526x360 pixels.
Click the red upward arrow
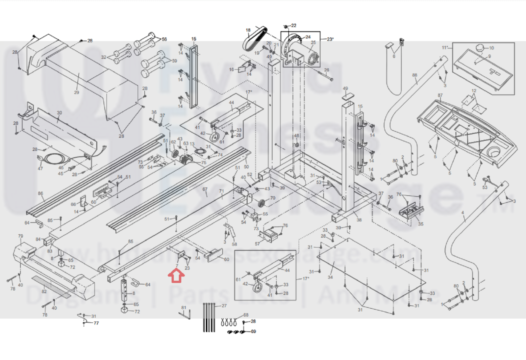tap(176, 276)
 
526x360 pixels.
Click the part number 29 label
tap(77, 92)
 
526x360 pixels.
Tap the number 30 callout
tap(59, 113)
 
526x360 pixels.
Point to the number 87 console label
tap(440, 95)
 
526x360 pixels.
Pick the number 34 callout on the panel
tap(330, 277)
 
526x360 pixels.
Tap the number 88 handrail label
tap(414, 75)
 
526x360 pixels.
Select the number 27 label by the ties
tap(224, 306)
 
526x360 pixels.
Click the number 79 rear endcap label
tap(21, 236)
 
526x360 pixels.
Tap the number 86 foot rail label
tap(40, 193)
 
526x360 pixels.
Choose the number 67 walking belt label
tap(205, 189)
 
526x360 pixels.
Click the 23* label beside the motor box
tap(330, 39)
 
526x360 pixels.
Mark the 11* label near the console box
tap(445, 48)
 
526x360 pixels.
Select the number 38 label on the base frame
tap(359, 220)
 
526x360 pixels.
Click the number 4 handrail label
tap(463, 213)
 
